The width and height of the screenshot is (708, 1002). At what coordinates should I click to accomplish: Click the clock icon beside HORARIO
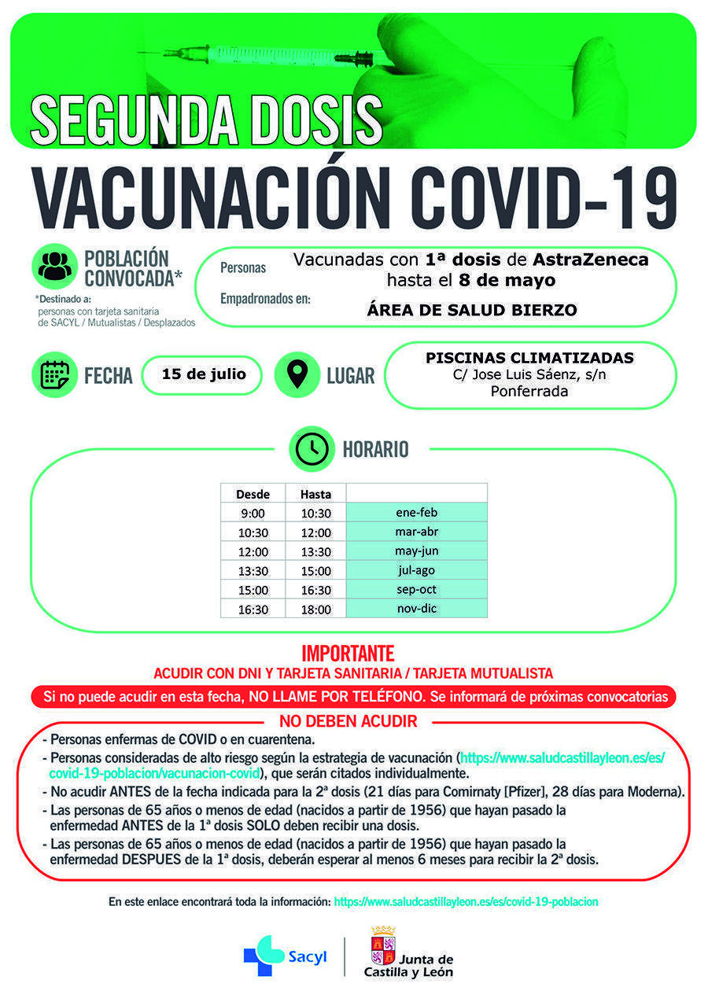[312, 449]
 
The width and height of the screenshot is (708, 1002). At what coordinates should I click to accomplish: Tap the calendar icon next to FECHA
[54, 374]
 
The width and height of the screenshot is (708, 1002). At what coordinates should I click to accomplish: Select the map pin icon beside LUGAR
[297, 374]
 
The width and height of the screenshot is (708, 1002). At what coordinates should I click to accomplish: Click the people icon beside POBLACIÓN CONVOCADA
[54, 267]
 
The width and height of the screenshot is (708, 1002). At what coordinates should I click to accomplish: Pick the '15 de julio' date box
[204, 374]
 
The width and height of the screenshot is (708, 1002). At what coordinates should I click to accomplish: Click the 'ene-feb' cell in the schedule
[416, 513]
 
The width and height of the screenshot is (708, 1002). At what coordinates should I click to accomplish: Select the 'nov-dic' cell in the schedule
[416, 608]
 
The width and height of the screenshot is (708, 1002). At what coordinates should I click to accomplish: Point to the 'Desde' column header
[253, 494]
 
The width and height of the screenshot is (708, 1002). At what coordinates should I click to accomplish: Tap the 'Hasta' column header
[315, 494]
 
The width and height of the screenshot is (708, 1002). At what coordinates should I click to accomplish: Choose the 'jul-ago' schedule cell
[416, 570]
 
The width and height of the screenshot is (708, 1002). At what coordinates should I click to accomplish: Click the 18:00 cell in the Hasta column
[315, 609]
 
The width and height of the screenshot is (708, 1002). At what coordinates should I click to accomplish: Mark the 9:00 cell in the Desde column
[253, 514]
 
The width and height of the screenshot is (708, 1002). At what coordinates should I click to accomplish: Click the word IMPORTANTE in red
[348, 654]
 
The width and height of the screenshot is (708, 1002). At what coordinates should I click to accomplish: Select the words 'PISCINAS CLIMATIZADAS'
[529, 358]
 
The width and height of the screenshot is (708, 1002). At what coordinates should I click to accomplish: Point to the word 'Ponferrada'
[529, 391]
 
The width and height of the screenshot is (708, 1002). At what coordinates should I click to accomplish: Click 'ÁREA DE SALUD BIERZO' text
[472, 310]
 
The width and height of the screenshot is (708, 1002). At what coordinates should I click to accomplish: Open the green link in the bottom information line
[466, 902]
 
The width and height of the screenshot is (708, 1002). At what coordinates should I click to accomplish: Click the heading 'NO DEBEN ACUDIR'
[348, 721]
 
